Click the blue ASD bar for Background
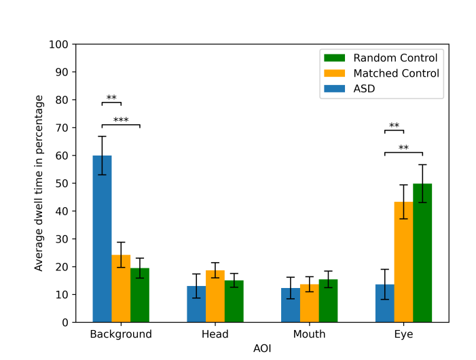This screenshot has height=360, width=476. [x=102, y=239]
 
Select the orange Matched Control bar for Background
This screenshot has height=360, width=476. [x=121, y=289]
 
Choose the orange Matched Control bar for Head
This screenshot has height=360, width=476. [x=215, y=296]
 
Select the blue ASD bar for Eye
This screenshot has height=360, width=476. [x=384, y=304]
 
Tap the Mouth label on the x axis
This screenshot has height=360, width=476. [x=309, y=334]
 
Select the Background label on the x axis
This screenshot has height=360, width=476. [x=121, y=334]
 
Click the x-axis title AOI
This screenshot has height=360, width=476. [x=262, y=348]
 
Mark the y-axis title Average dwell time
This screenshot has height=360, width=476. [x=39, y=183]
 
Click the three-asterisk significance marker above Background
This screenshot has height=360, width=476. [x=121, y=121]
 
